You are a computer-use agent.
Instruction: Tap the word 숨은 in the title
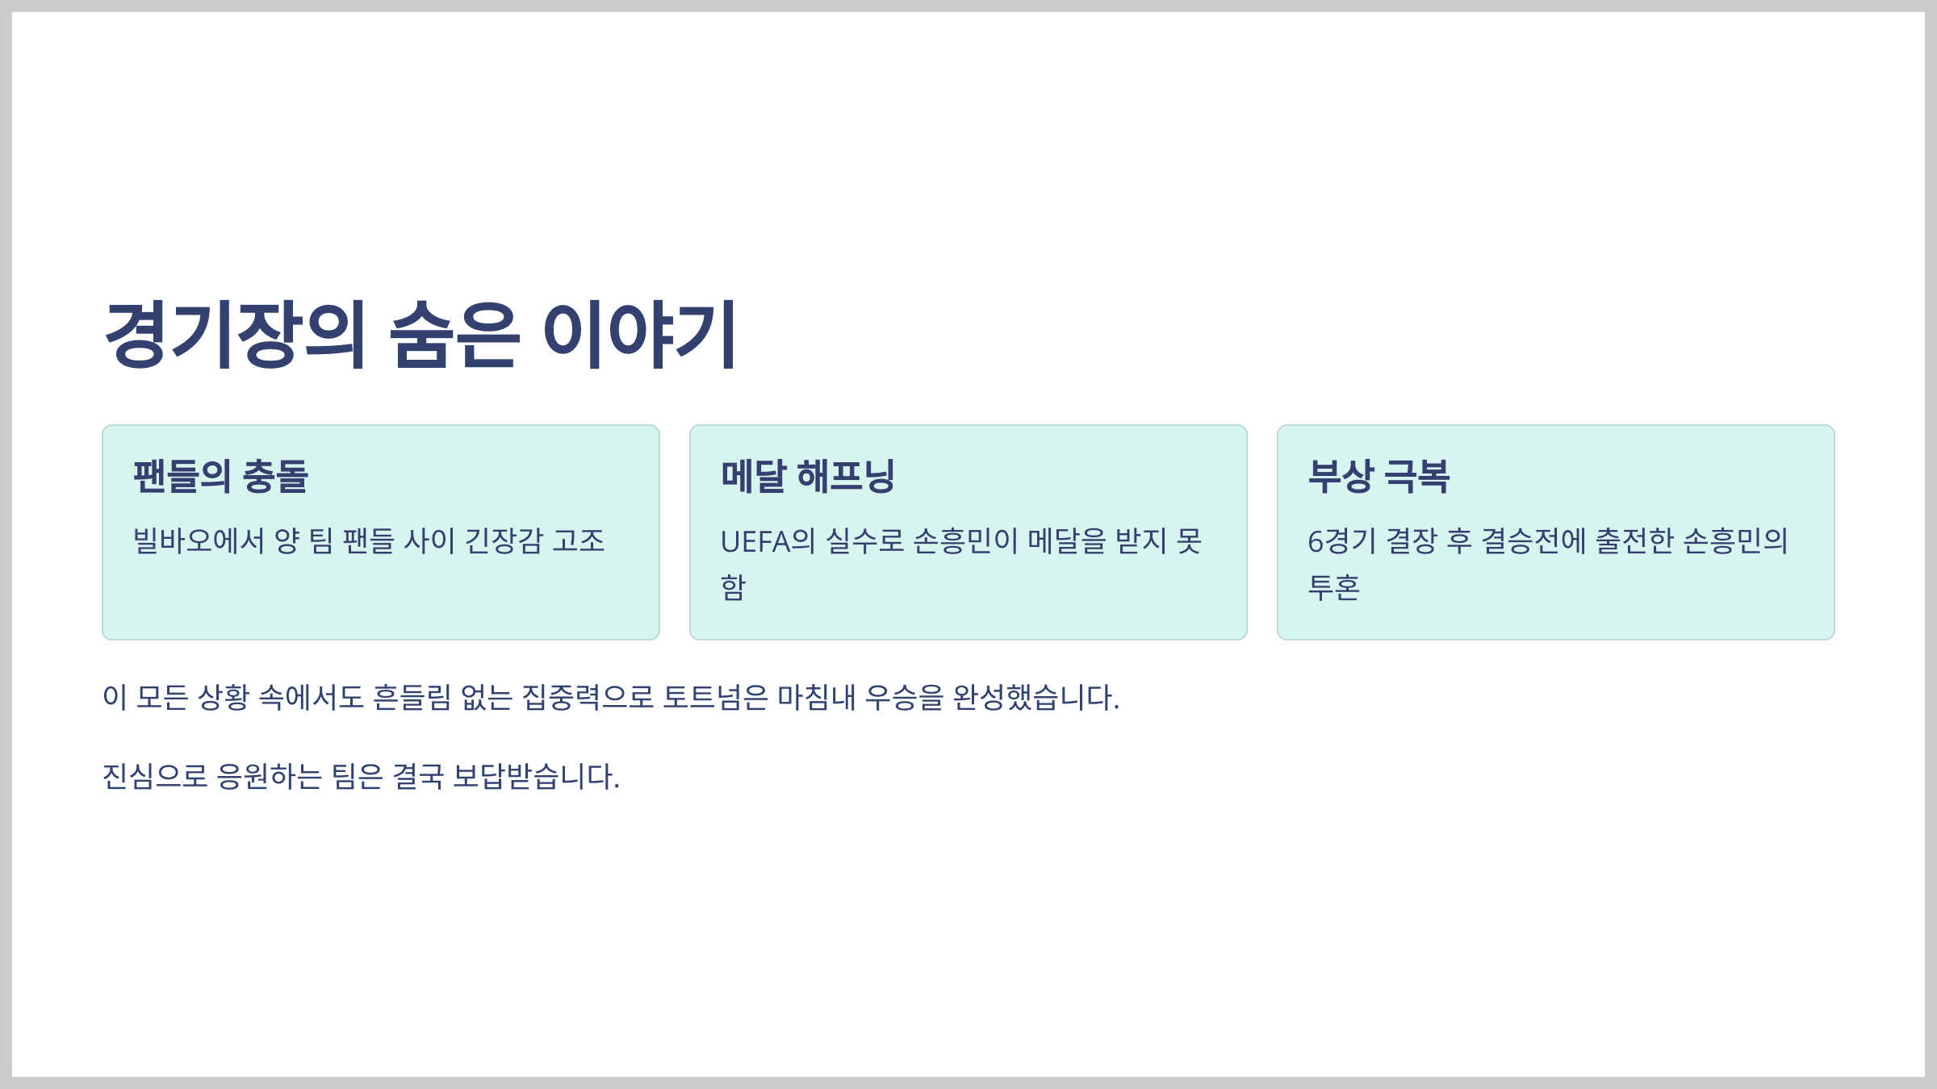tap(454, 335)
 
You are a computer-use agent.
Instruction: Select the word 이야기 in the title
tap(639, 335)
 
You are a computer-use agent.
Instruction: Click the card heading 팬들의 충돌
tap(220, 476)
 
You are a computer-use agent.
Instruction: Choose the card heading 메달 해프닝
tap(808, 476)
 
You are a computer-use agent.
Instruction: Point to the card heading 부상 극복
tap(1378, 476)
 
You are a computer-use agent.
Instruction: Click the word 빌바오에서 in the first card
tap(199, 540)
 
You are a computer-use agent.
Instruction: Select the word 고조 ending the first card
tap(579, 540)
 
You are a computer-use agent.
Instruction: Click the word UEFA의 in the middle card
tap(768, 541)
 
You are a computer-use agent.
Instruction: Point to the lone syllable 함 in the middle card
tap(733, 587)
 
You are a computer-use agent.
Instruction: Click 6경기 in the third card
tap(1341, 541)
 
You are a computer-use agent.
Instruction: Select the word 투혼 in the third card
tap(1333, 587)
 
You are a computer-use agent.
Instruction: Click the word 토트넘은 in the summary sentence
tap(715, 697)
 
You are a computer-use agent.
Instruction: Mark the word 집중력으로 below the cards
tap(588, 697)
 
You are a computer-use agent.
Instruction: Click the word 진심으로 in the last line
tap(155, 777)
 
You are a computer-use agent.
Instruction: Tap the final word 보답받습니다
tap(536, 777)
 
